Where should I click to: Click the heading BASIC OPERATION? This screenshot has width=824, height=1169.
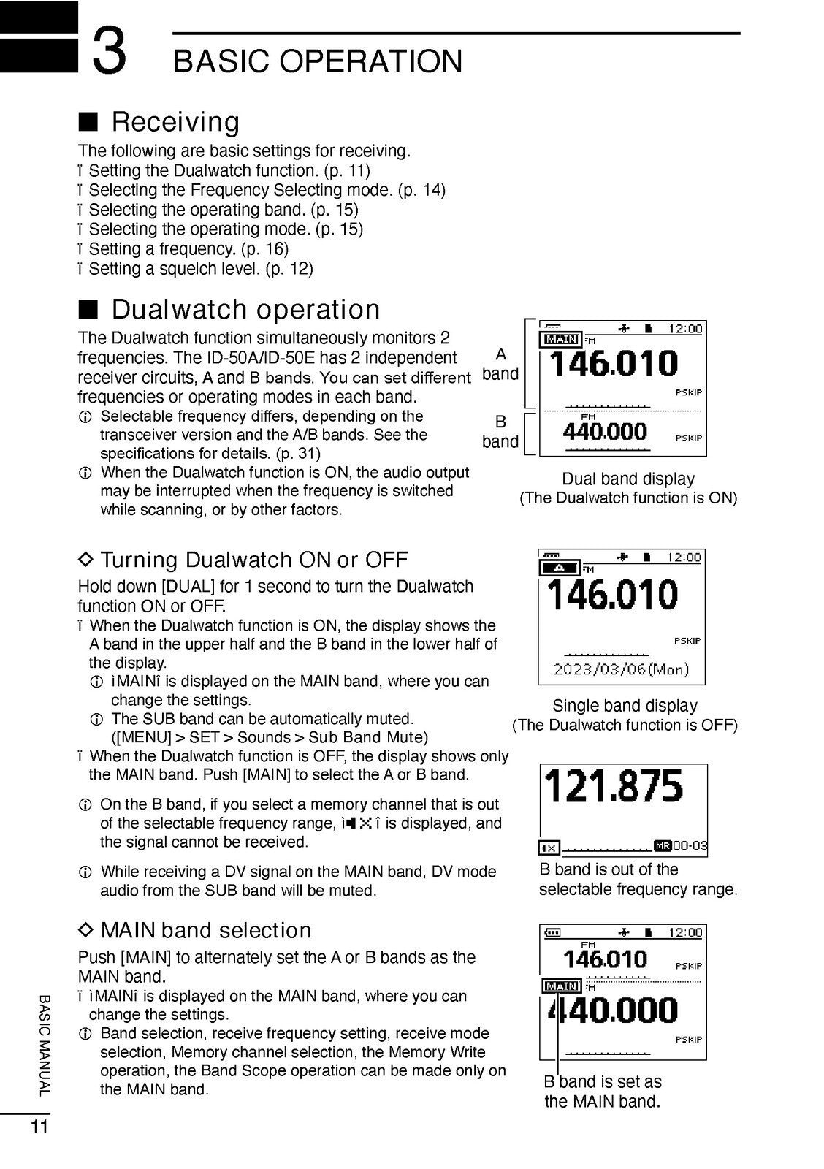pyautogui.click(x=318, y=61)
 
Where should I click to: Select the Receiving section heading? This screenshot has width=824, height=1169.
pyautogui.click(x=175, y=121)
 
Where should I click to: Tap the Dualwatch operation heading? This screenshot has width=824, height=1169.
pyautogui.click(x=245, y=310)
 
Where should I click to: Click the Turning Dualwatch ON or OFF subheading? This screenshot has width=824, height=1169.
pyautogui.click(x=253, y=560)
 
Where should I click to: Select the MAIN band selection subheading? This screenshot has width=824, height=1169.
pyautogui.click(x=205, y=930)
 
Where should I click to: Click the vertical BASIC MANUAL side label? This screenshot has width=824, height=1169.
pyautogui.click(x=45, y=1045)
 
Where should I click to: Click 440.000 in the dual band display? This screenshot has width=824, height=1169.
pyautogui.click(x=605, y=432)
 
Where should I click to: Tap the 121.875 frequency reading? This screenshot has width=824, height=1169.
pyautogui.click(x=614, y=786)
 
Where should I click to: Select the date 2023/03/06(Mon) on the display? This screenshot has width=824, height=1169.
pyautogui.click(x=621, y=669)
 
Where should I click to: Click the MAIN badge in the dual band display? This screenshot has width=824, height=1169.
pyautogui.click(x=561, y=339)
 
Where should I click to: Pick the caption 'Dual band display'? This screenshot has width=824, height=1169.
pyautogui.click(x=627, y=479)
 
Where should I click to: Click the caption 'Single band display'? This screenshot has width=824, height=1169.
pyautogui.click(x=625, y=706)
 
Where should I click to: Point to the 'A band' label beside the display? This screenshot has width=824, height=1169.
pyautogui.click(x=500, y=364)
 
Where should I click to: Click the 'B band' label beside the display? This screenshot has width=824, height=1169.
pyautogui.click(x=500, y=431)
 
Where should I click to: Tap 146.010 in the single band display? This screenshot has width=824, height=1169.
pyautogui.click(x=614, y=594)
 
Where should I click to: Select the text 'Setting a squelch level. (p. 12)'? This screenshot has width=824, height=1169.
pyautogui.click(x=200, y=269)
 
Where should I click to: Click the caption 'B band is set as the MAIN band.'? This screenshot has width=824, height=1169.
pyautogui.click(x=603, y=1092)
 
